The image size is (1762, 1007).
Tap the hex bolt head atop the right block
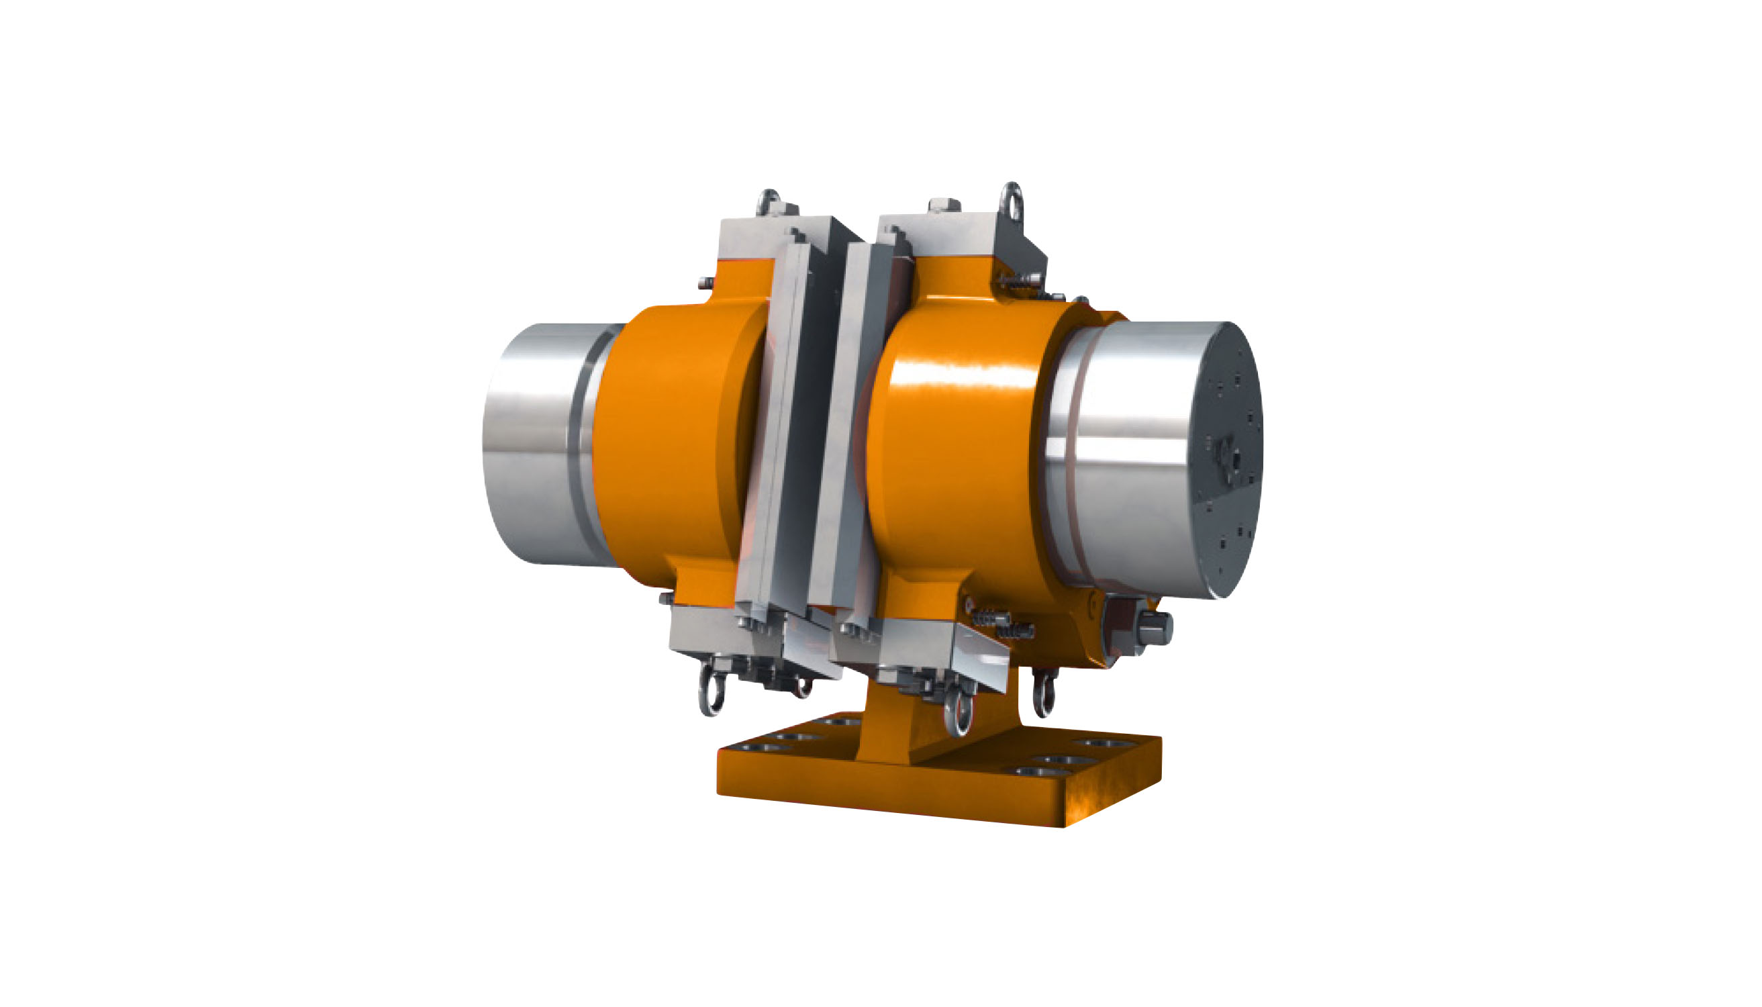[x=944, y=205]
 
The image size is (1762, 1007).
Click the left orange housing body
[x=664, y=442]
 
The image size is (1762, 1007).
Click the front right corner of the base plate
[x=1065, y=823]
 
